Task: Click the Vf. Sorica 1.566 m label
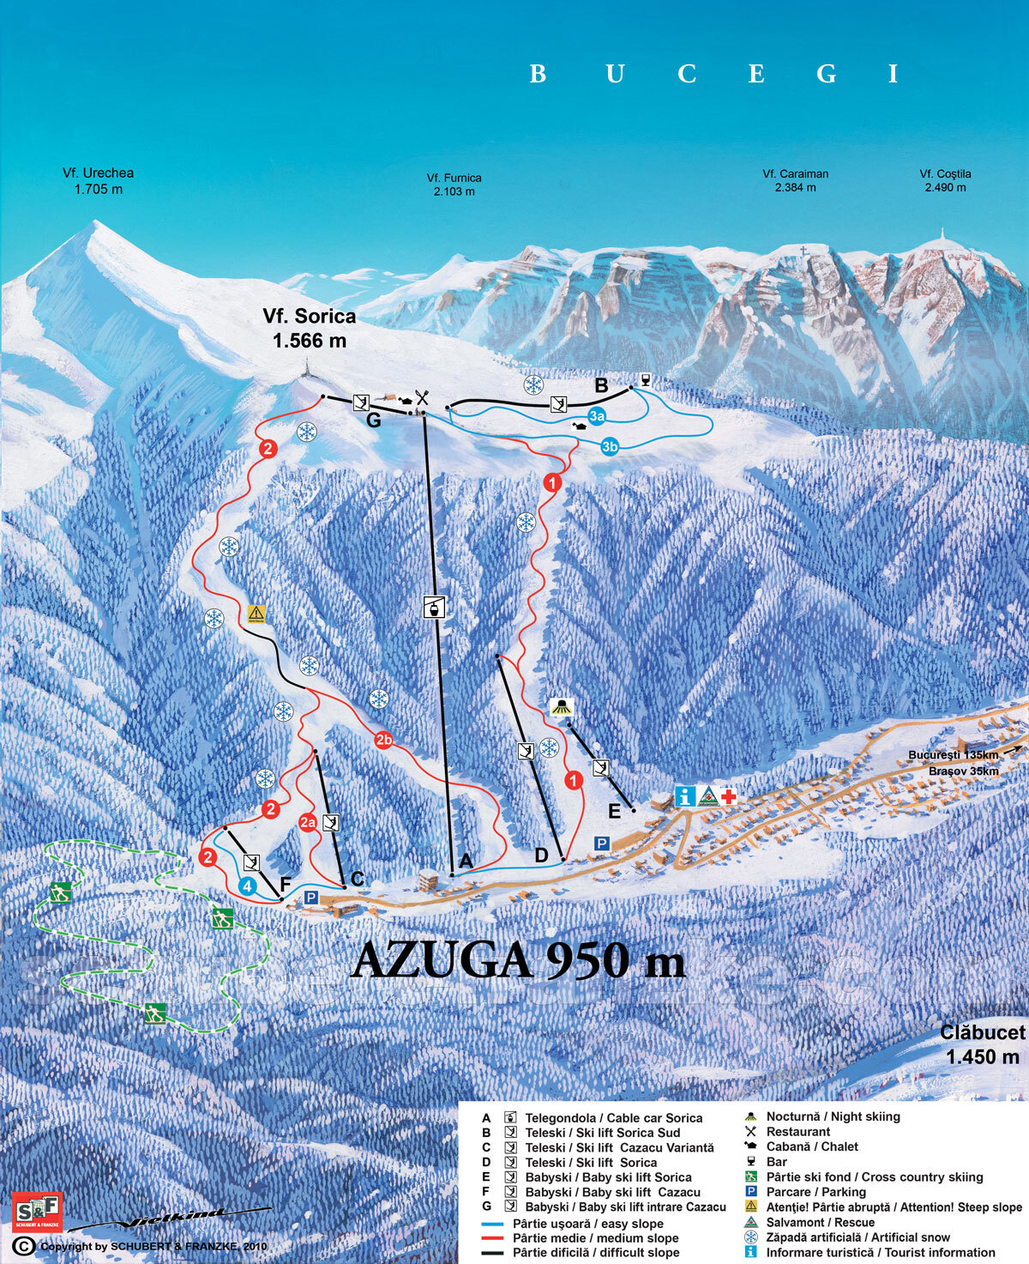[309, 329]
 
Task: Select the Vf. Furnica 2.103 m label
[454, 184]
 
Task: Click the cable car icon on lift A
[436, 607]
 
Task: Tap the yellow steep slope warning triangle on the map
[256, 613]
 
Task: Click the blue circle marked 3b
[609, 446]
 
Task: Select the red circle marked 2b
[383, 740]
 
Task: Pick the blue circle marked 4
[248, 886]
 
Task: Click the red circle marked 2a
[308, 822]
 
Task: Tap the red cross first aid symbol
[729, 796]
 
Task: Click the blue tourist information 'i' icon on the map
[684, 796]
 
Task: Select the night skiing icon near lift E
[562, 707]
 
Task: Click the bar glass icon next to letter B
[645, 379]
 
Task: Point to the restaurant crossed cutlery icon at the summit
[421, 398]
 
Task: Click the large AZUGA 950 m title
[519, 959]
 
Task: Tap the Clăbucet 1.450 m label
[982, 1044]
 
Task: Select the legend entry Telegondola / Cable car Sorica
[613, 1117]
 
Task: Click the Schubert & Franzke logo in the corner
[37, 1211]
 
